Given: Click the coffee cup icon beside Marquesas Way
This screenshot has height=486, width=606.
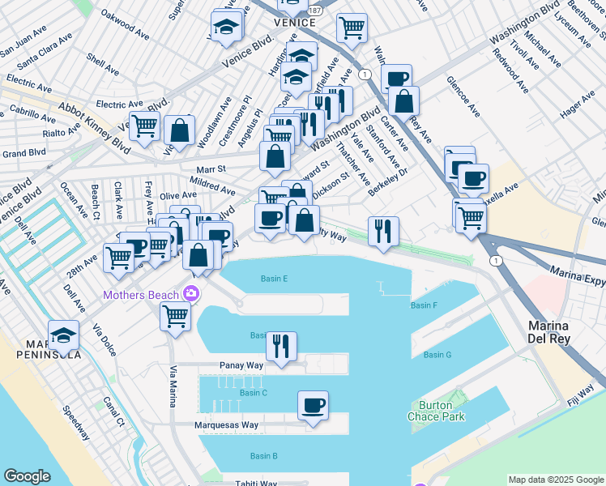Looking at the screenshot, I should tap(313, 405).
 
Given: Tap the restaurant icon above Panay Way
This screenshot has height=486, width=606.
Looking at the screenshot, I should tap(281, 345).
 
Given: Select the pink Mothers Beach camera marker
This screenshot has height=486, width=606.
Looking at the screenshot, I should tap(191, 293).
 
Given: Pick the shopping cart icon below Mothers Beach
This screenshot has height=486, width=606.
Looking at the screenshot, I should tap(175, 316).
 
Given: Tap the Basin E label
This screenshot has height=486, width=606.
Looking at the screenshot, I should tap(275, 279).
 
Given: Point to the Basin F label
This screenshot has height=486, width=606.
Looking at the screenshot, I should tap(424, 305).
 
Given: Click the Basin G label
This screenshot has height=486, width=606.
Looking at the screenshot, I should tap(437, 355).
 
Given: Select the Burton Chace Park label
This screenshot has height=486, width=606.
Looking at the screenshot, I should tap(442, 411).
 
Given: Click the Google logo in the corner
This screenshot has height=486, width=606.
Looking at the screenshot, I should tap(27, 476).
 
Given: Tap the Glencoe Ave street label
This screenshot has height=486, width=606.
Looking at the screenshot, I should tap(463, 96).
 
